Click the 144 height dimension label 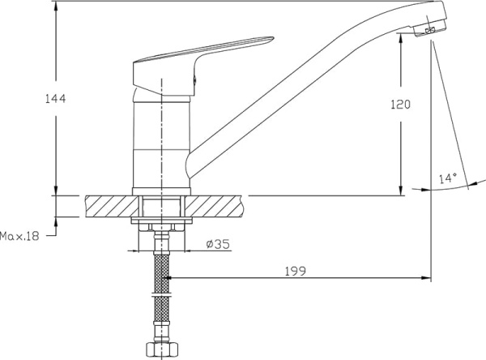pos(56,99)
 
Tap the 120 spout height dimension pos(400,105)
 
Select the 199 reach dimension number pos(296,272)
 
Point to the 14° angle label pos(448,178)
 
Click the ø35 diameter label pos(218,244)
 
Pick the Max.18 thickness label pos(19,236)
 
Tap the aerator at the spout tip pos(430,29)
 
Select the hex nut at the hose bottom pos(161,350)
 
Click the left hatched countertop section pos(112,207)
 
